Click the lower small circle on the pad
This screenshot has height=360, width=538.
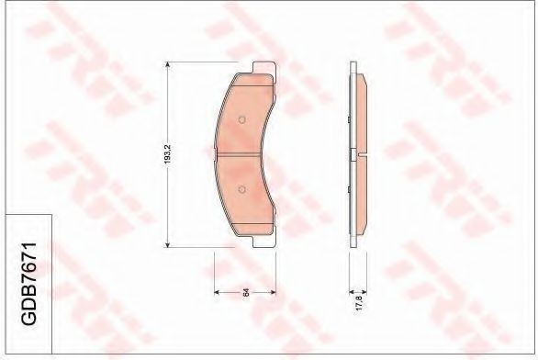241,190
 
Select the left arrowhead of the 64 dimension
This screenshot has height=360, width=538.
217,292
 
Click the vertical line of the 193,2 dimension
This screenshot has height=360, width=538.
167,202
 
